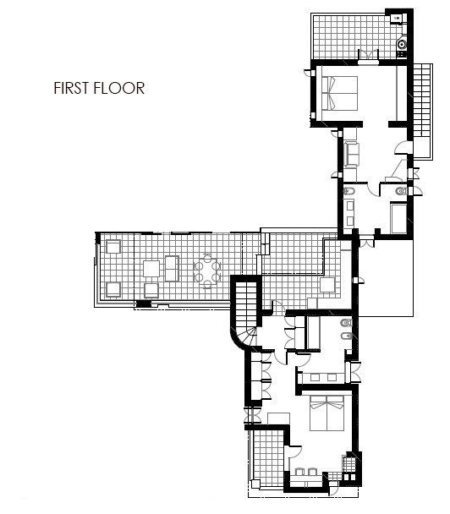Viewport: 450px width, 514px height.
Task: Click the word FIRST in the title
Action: (x=72, y=88)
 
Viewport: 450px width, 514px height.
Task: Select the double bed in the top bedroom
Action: (x=339, y=93)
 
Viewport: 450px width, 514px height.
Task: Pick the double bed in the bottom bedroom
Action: (x=327, y=413)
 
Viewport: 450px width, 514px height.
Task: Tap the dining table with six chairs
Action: (x=206, y=271)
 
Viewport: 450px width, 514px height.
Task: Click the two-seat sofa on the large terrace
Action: (x=173, y=269)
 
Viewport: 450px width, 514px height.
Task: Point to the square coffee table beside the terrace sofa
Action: (x=151, y=269)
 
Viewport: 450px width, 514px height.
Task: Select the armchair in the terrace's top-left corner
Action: (x=113, y=247)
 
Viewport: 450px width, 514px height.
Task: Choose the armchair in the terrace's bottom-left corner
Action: (x=113, y=290)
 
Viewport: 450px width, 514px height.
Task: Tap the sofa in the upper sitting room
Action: (x=351, y=155)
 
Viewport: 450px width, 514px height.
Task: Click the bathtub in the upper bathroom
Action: (x=399, y=219)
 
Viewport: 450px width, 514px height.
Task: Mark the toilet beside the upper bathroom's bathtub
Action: (x=401, y=191)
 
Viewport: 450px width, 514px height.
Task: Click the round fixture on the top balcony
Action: (x=402, y=43)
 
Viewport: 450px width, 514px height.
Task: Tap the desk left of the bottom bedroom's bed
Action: (x=278, y=418)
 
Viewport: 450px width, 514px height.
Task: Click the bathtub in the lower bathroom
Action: (x=313, y=332)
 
